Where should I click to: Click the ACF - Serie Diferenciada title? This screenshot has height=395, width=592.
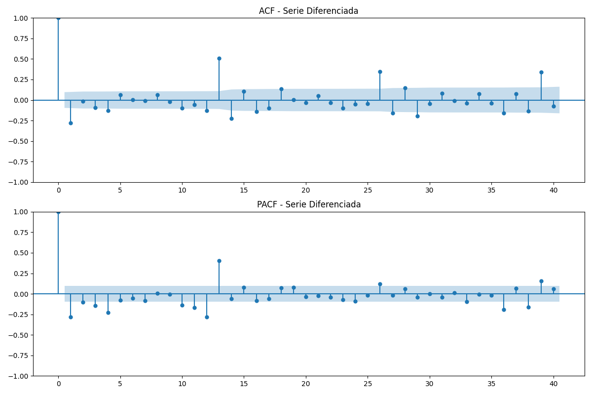308,11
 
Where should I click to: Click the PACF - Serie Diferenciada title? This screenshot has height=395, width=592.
309,204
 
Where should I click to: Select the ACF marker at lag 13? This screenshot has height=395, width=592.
219,58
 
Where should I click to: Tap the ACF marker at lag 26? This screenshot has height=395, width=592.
380,72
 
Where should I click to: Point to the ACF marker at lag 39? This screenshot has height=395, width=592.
541,72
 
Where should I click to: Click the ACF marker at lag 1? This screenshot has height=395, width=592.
71,123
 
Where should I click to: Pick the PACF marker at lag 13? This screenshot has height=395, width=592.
219,261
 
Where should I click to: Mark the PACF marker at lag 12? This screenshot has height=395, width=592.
207,317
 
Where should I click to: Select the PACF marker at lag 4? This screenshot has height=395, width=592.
108,313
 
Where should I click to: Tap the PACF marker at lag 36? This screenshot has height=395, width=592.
504,310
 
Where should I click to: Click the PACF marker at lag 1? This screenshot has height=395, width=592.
71,317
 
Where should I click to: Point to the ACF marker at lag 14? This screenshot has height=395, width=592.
231,119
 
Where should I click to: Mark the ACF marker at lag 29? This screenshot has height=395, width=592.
417,116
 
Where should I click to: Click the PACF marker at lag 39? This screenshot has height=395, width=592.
541,281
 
